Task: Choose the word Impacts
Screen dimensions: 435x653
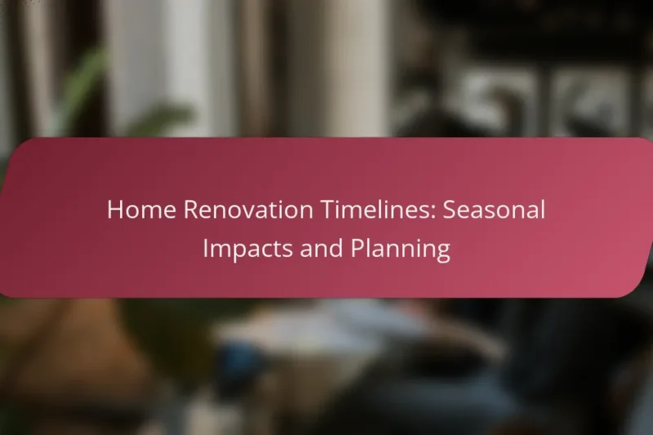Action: (247, 249)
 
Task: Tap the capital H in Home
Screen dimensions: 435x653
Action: (115, 211)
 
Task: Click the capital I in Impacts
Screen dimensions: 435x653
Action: (204, 249)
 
